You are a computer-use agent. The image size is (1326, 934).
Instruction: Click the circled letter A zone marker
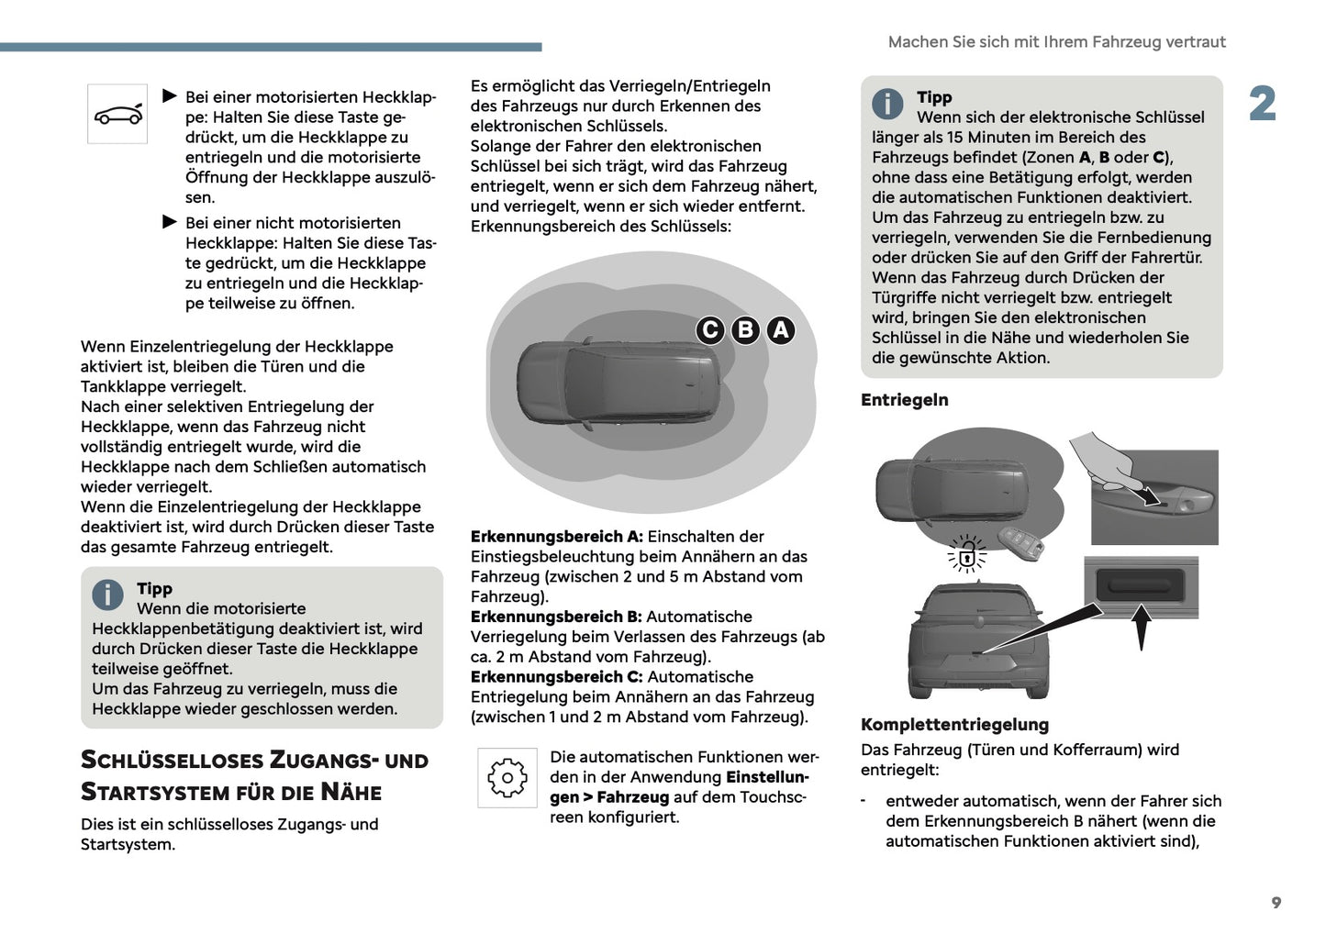pos(780,330)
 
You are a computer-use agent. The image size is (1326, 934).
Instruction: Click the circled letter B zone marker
pos(745,330)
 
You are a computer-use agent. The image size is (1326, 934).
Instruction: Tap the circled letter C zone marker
pos(710,330)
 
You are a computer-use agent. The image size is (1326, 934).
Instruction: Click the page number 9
pos(1276,903)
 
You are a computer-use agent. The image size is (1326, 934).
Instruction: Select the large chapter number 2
pos(1262,104)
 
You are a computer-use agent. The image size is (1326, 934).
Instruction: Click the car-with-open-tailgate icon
pos(117,115)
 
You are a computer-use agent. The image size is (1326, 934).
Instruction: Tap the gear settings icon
pos(507,778)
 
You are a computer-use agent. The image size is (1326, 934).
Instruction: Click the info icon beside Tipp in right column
pos(886,104)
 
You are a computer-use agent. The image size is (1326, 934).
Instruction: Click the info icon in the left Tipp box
pos(107,595)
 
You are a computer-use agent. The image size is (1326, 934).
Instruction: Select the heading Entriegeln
pos(904,400)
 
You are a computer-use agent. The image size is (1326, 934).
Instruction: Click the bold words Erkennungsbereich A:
pos(556,537)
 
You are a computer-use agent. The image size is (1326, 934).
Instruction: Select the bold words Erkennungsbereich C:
pos(556,677)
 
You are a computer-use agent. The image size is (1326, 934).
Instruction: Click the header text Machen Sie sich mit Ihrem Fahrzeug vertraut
pos(1056,42)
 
